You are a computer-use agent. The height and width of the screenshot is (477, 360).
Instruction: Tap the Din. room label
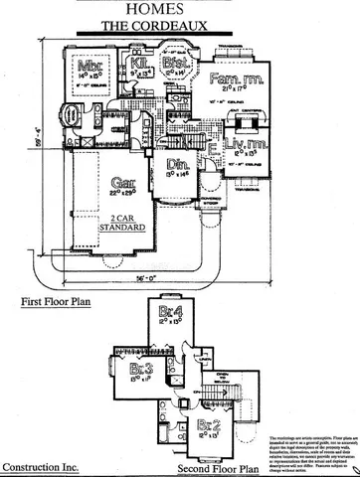179,165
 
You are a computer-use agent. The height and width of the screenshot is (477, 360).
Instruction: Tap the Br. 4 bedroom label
169,313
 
